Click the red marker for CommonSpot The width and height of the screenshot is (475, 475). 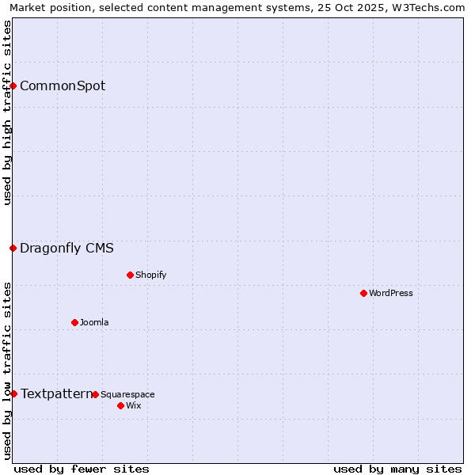[13, 85]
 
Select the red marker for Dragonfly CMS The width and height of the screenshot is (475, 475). [13, 248]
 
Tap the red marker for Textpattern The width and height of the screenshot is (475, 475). [13, 393]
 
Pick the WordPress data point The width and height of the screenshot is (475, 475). [363, 293]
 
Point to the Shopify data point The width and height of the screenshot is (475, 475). [130, 275]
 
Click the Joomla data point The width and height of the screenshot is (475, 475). [74, 322]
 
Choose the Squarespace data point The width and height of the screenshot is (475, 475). [95, 394]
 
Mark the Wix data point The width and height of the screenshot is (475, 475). [120, 405]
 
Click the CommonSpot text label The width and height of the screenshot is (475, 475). [63, 85]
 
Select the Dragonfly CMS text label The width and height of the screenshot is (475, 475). [66, 248]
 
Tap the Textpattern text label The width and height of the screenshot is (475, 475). [56, 393]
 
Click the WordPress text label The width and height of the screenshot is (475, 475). [391, 293]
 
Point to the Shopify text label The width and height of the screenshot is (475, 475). [150, 275]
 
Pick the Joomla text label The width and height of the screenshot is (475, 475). [94, 322]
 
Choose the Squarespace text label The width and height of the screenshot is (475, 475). [127, 394]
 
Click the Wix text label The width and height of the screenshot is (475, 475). [134, 405]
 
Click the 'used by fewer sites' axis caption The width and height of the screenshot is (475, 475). [82, 469]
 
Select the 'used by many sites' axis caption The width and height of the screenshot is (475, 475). [397, 469]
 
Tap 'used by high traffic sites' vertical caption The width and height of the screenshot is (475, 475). [7, 112]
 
